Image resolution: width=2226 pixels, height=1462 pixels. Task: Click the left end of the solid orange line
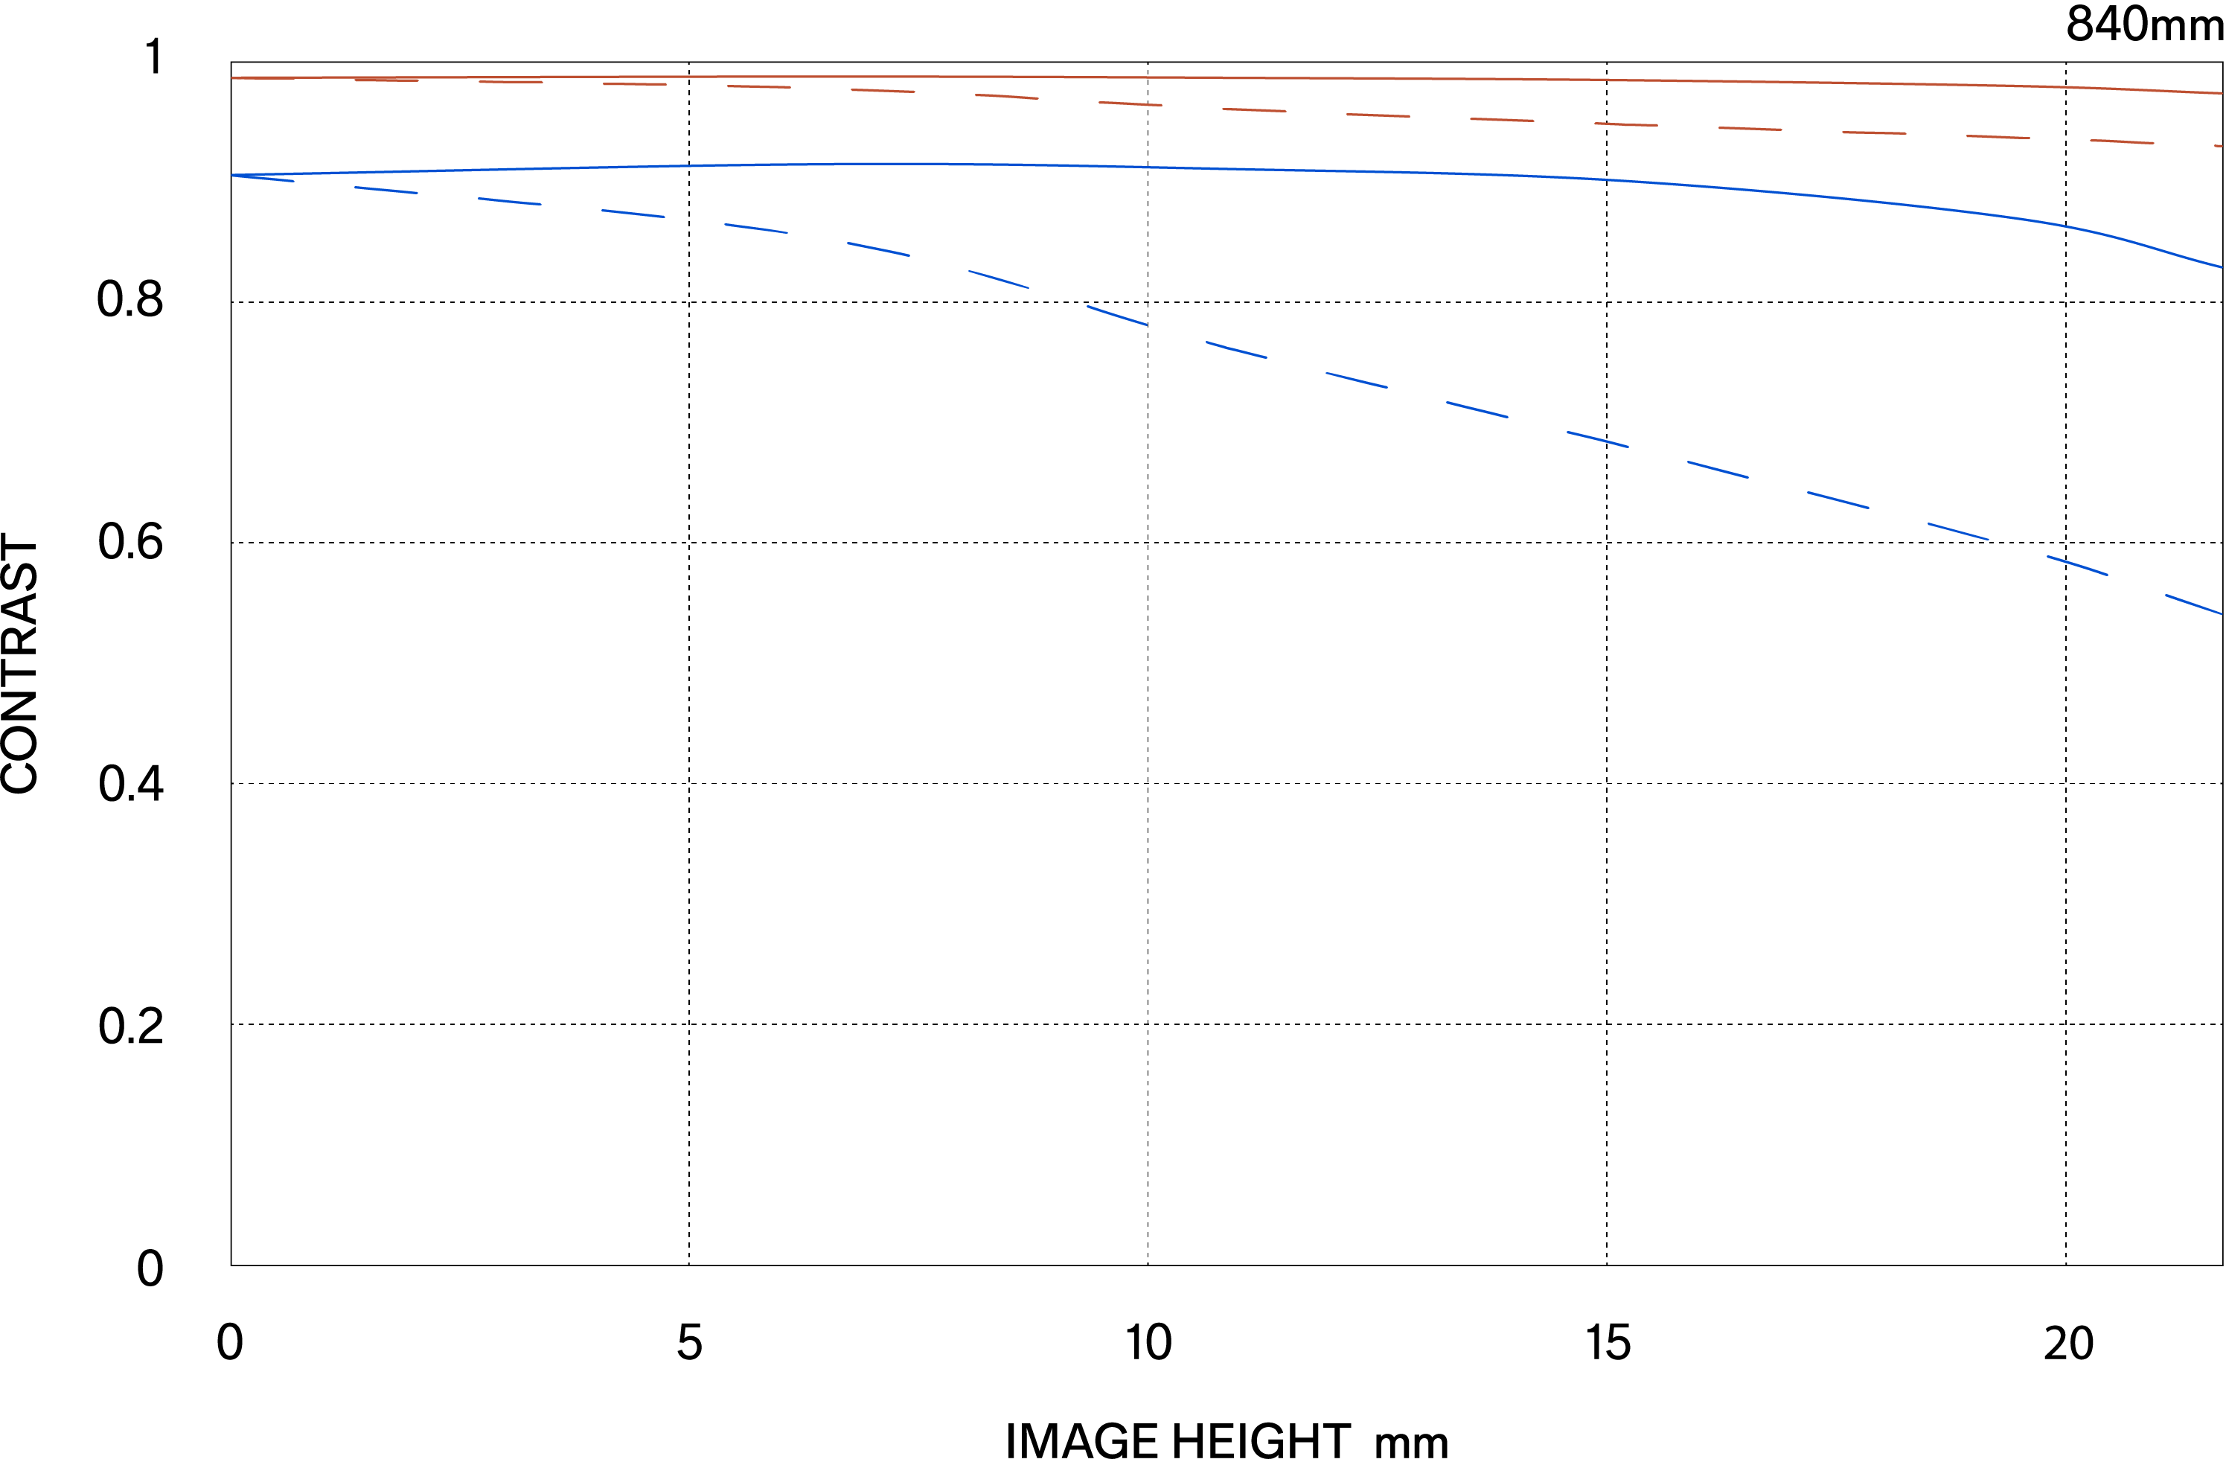[233, 77]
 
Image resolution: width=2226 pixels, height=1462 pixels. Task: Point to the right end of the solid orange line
[2222, 92]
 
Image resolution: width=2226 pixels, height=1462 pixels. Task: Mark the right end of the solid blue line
[2222, 266]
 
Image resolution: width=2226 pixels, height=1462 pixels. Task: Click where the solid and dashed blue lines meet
[233, 175]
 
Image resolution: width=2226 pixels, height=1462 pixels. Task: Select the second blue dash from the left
[386, 190]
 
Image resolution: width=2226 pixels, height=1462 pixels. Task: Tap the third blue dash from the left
[510, 201]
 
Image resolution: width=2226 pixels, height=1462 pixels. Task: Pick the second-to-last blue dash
[2077, 566]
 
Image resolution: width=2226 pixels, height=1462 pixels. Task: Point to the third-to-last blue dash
[1957, 532]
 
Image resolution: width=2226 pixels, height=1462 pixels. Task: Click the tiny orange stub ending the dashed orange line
[2219, 146]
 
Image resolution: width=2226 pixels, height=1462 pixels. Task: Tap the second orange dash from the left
[386, 80]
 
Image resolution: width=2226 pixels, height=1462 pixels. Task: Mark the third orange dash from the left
[511, 83]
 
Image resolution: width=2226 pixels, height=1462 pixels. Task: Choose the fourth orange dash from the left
[634, 84]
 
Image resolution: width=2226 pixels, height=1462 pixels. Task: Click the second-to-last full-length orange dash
[1998, 138]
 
